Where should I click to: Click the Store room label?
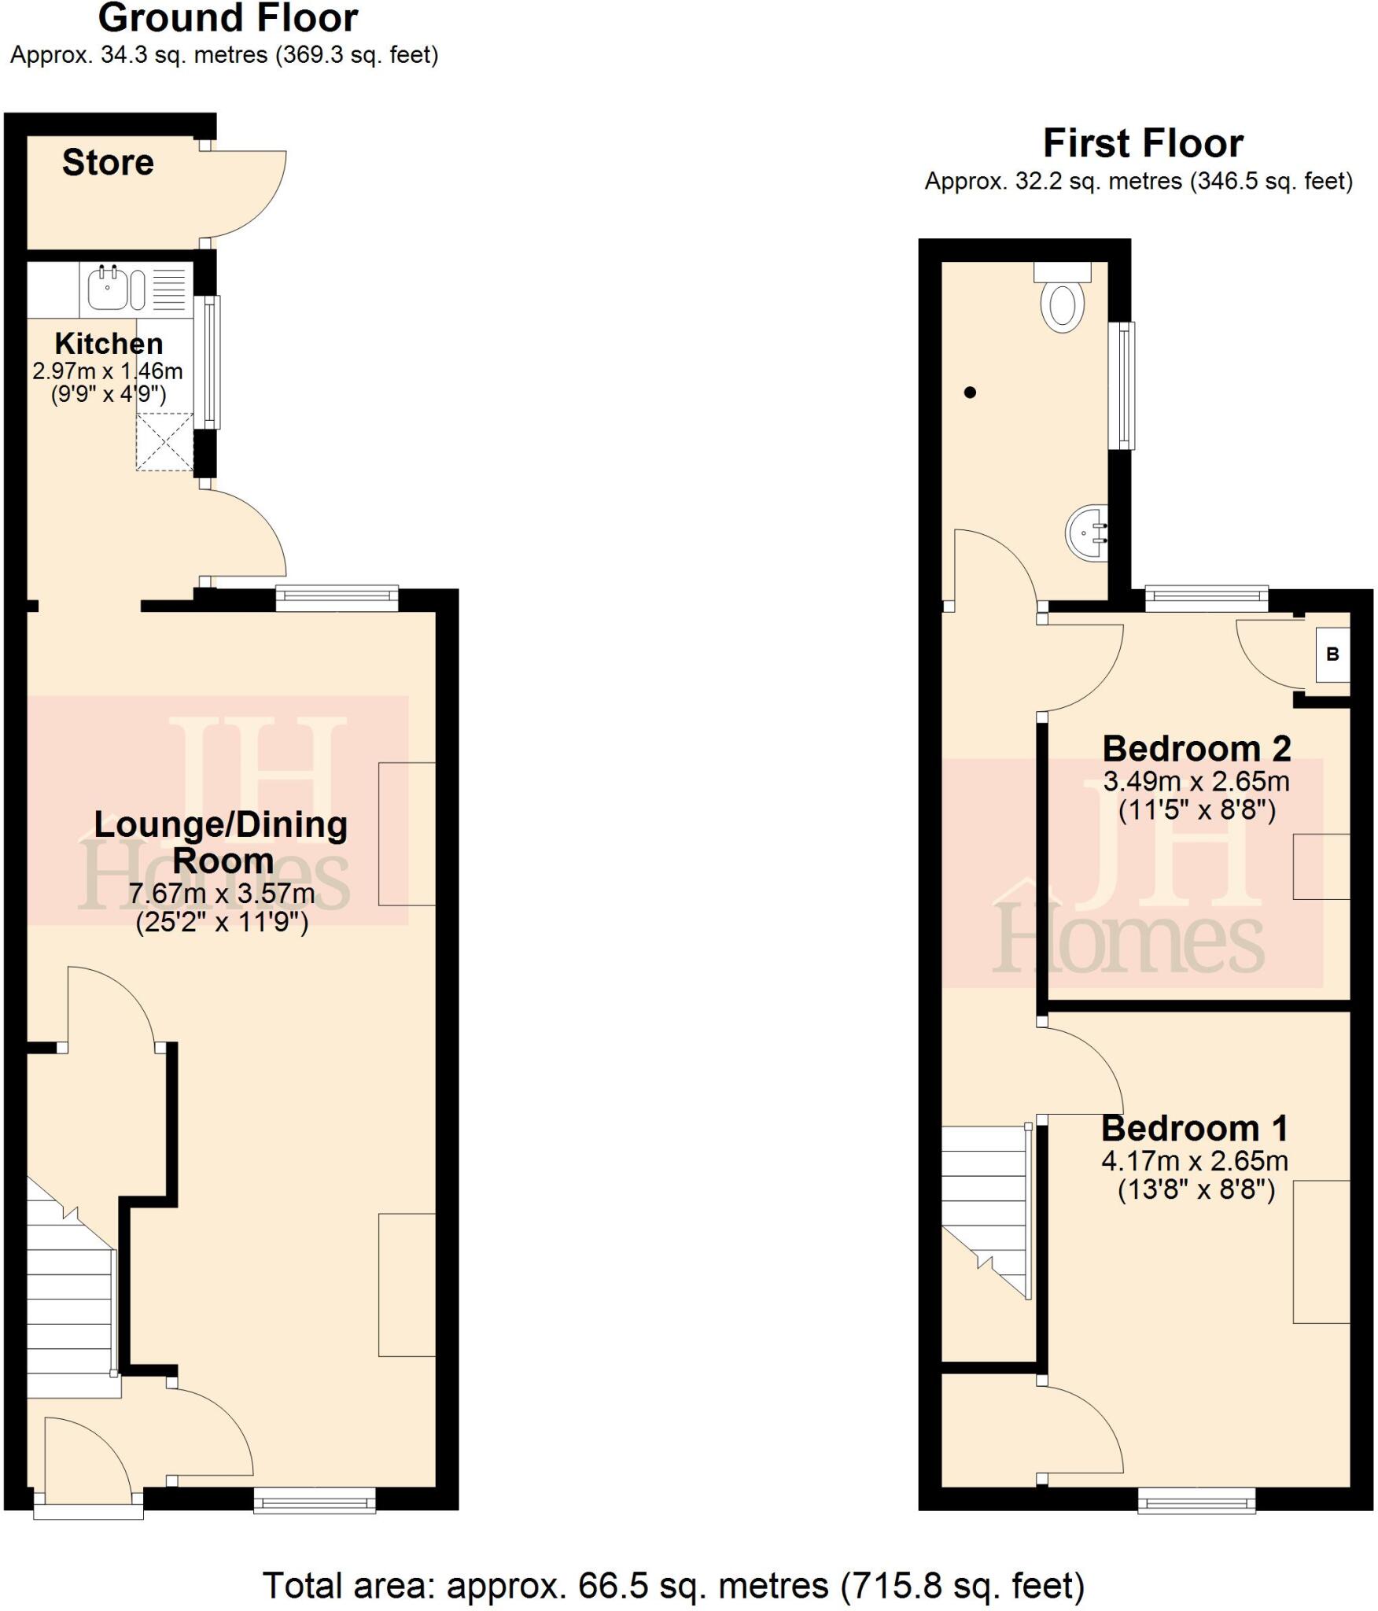[108, 163]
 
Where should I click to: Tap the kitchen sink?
[108, 289]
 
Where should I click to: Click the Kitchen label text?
[109, 344]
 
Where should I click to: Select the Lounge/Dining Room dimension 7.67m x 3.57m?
[222, 894]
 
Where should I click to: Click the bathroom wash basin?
[1088, 533]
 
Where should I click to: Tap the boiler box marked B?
[1332, 654]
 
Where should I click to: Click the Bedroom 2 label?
[1196, 749]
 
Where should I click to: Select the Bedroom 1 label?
[1195, 1129]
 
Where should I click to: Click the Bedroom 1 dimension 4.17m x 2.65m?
[1195, 1161]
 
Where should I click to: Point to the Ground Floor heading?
[228, 19]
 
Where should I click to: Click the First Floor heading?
[1143, 144]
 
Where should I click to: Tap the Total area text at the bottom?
[673, 1586]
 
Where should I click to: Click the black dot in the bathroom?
[970, 392]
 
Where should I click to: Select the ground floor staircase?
[71, 1290]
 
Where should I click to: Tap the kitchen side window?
[208, 362]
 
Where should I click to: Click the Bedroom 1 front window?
[1196, 1501]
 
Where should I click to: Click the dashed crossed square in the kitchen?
[164, 442]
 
